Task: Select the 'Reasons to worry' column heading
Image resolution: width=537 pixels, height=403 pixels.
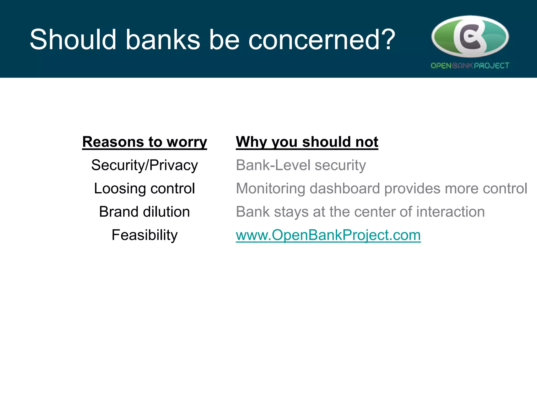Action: pyautogui.click(x=144, y=142)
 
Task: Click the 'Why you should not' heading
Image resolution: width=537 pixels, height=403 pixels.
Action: pyautogui.click(x=307, y=142)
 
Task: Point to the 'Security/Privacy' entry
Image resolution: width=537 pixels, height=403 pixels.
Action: pyautogui.click(x=144, y=165)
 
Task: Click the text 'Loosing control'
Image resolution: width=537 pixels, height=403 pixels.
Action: pyautogui.click(x=144, y=188)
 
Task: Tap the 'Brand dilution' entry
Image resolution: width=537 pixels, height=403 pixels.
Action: pyautogui.click(x=144, y=212)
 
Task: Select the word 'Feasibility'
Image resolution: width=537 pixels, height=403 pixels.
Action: pyautogui.click(x=144, y=235)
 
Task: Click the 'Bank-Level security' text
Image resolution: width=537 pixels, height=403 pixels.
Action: pyautogui.click(x=301, y=165)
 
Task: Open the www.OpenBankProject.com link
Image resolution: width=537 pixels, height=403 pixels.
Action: pyautogui.click(x=328, y=235)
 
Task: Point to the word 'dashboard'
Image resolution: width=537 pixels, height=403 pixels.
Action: pyautogui.click(x=345, y=188)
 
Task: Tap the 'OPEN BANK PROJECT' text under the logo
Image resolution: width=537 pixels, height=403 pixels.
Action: pyautogui.click(x=470, y=66)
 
